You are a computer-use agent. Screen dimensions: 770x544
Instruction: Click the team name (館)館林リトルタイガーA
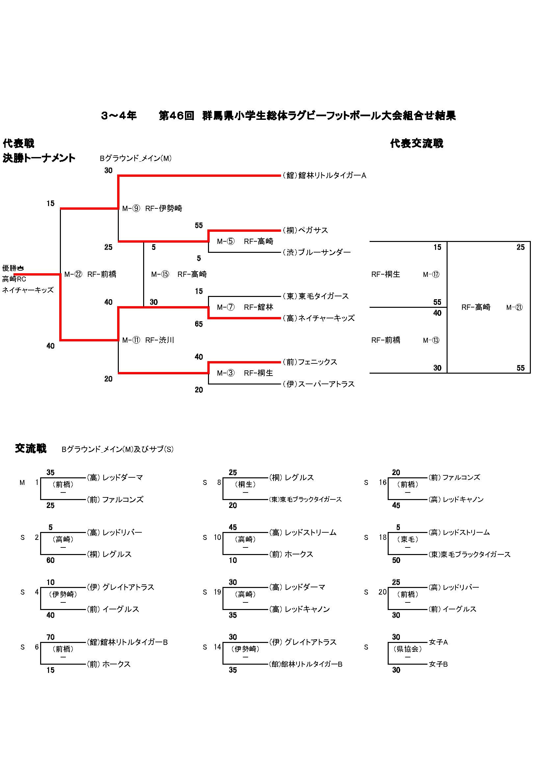coord(324,175)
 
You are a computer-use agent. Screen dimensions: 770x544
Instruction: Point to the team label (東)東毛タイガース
coord(315,296)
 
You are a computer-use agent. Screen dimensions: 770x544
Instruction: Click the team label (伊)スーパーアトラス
coord(319,384)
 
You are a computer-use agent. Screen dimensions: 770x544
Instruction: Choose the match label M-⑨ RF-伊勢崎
coord(152,209)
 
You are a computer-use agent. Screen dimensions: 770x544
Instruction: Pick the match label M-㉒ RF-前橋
coord(90,274)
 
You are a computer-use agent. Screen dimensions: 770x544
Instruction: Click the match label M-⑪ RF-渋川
coord(148,340)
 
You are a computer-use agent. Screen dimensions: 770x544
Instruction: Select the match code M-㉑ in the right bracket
coord(514,307)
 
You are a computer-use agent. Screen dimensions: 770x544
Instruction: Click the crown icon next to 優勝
coord(20,268)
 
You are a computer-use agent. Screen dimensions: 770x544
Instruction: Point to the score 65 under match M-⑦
coord(199,324)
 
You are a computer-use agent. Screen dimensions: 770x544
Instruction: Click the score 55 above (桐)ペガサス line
coord(199,226)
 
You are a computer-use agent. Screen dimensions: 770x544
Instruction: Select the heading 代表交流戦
coord(416,144)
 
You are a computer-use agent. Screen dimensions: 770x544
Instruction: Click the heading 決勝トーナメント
coord(39,158)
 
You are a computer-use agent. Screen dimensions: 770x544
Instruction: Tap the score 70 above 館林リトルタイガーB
coord(50,637)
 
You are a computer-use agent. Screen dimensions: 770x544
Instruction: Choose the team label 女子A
coord(438,642)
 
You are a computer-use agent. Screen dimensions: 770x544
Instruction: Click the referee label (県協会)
coord(407,649)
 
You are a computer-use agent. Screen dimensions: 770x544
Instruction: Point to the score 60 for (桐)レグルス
coord(50,560)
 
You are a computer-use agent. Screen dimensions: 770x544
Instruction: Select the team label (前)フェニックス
coord(310,362)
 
